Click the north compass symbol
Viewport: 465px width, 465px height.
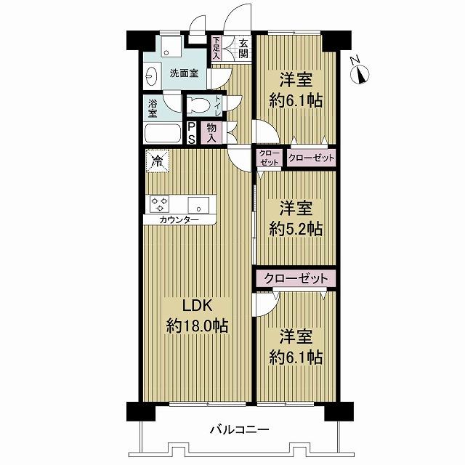(x=360, y=73)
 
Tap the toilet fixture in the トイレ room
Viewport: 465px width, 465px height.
(x=199, y=105)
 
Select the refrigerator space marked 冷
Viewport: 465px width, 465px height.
(x=157, y=161)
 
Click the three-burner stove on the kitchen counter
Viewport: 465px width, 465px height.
(x=160, y=204)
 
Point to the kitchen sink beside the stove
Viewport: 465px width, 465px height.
(x=198, y=205)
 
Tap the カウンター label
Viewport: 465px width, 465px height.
(x=179, y=220)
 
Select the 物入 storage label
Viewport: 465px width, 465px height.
(x=211, y=133)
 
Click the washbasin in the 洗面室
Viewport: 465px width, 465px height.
(x=152, y=76)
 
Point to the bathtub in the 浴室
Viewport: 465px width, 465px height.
(x=163, y=134)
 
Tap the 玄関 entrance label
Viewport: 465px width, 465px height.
(x=243, y=49)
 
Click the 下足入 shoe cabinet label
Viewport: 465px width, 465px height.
(x=217, y=48)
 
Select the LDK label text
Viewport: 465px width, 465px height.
(x=197, y=305)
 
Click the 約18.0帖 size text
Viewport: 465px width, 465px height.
(x=197, y=326)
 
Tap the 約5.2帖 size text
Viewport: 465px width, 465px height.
(x=296, y=228)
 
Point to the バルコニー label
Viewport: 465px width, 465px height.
(x=240, y=429)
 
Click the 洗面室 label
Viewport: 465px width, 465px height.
(x=184, y=73)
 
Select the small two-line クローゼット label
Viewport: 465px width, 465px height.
(x=269, y=158)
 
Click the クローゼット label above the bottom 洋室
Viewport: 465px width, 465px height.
(x=296, y=278)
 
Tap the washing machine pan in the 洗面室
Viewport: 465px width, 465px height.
(x=171, y=46)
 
